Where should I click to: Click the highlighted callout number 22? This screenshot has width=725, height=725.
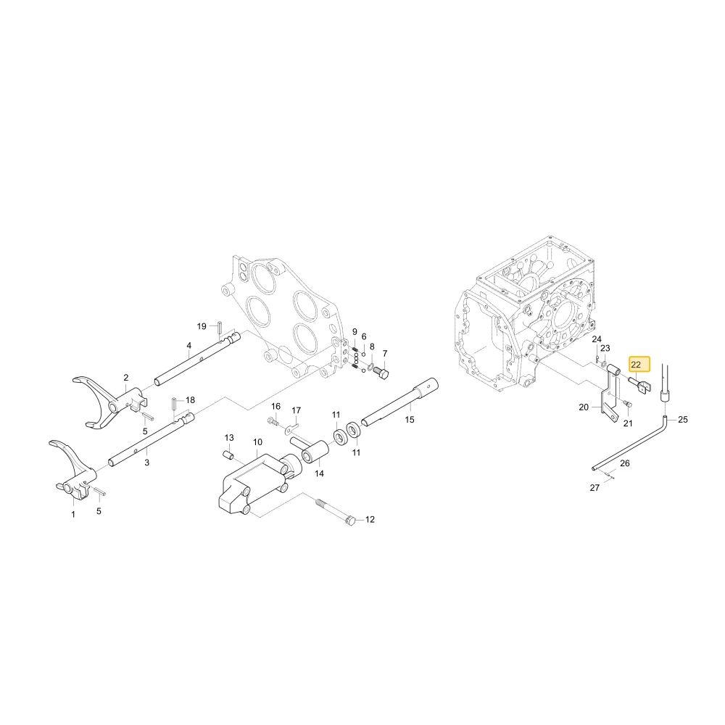(636, 365)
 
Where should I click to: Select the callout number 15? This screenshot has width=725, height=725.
(409, 419)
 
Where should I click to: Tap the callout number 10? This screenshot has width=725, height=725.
(257, 442)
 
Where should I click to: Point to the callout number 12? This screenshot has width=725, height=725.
(370, 519)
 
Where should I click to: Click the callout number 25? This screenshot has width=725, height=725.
(683, 419)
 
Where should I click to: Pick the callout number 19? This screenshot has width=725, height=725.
(202, 326)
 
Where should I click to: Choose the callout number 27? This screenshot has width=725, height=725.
(594, 487)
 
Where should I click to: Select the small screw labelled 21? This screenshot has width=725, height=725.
(628, 404)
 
